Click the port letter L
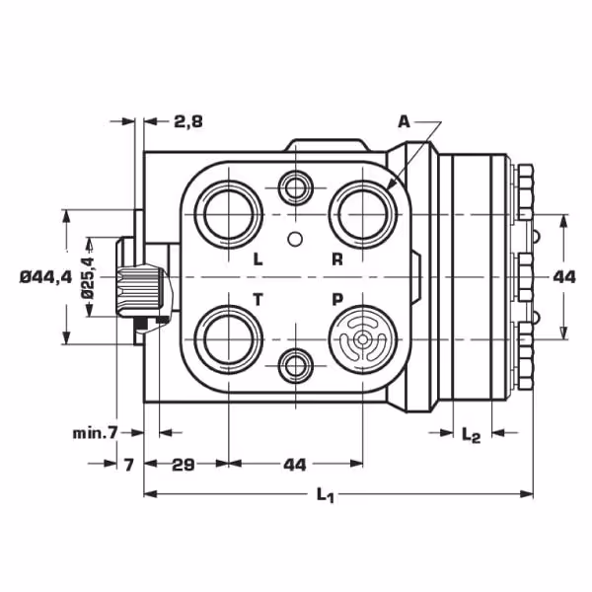pos(258,259)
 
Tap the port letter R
pos(337,259)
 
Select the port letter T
pos(258,300)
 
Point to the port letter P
pos(337,299)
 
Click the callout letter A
pos(404,122)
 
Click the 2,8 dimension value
pos(188,121)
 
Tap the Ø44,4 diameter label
pos(45,277)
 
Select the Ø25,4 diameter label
pos(88,278)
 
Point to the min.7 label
pos(96,433)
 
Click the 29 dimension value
pos(184,465)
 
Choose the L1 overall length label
pos(325,494)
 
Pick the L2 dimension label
pos(472,435)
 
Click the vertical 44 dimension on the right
pos(564,277)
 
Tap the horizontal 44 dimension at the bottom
pos(295,465)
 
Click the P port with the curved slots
pos(362,339)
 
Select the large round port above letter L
pos(229,214)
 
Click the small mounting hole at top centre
pos(296,187)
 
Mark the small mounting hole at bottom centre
pos(296,365)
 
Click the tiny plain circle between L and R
pos(295,239)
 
